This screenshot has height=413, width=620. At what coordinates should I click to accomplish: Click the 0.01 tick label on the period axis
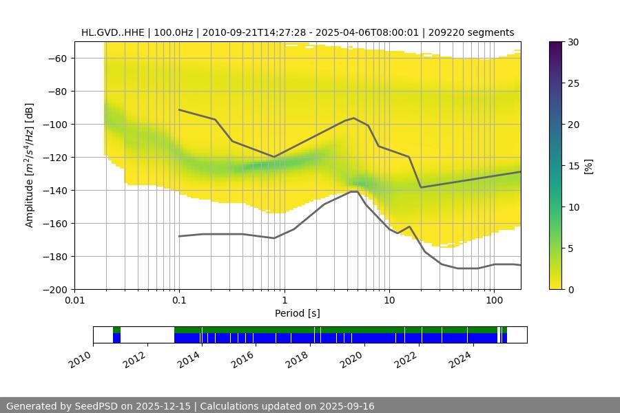point(74,301)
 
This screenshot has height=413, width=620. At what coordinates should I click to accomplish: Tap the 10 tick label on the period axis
point(389,301)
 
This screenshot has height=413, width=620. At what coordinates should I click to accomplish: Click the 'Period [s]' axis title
point(298,313)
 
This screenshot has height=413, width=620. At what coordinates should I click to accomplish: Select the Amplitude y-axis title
point(29,165)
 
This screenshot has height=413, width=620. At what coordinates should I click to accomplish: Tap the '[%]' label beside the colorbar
point(588,166)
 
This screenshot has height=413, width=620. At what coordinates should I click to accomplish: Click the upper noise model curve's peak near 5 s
point(354,118)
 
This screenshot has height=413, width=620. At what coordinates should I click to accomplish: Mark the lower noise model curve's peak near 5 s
point(353,191)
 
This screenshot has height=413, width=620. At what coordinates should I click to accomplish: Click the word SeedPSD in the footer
point(96,406)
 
